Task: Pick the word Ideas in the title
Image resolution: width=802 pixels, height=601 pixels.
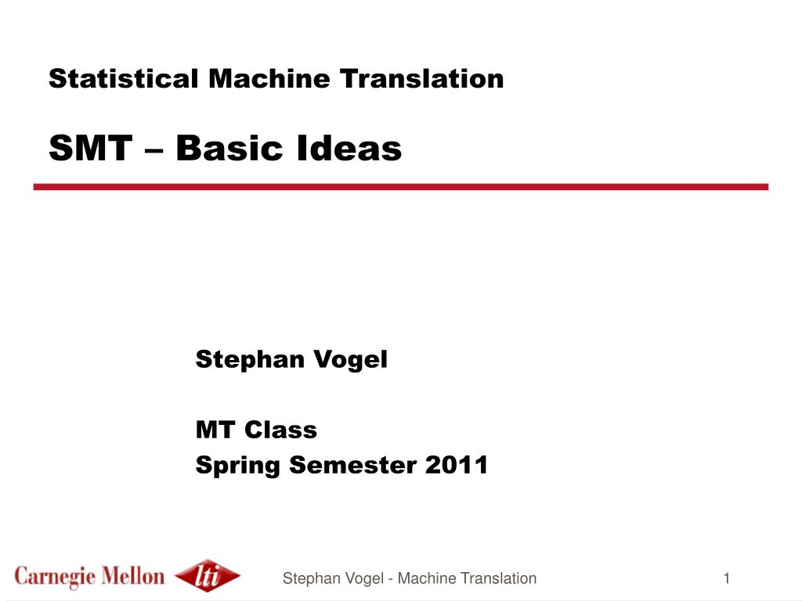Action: pyautogui.click(x=349, y=148)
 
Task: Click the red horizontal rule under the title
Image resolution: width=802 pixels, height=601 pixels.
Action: pyautogui.click(x=400, y=187)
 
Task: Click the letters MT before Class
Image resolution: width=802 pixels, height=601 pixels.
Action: pyautogui.click(x=214, y=430)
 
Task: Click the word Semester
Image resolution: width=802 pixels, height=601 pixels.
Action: pyautogui.click(x=353, y=465)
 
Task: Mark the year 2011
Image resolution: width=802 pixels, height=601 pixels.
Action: pyautogui.click(x=457, y=465)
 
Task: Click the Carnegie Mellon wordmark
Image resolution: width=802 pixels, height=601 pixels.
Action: pyautogui.click(x=90, y=578)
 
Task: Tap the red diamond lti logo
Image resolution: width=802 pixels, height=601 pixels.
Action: pyautogui.click(x=208, y=578)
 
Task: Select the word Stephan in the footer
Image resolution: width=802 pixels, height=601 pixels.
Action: pyautogui.click(x=309, y=578)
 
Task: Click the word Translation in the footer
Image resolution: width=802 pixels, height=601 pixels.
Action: pyautogui.click(x=499, y=578)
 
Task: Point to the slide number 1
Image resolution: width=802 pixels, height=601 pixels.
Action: pyautogui.click(x=727, y=578)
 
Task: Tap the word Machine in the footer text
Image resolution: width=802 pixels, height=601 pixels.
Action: pyautogui.click(x=427, y=578)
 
